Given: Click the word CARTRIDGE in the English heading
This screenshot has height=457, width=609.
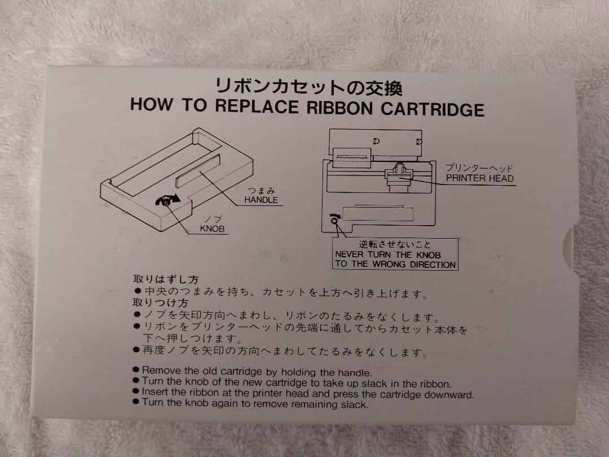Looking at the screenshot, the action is [432, 109].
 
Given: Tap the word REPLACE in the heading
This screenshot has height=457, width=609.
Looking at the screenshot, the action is [257, 106].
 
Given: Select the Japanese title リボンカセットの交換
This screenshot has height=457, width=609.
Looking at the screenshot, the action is [309, 87].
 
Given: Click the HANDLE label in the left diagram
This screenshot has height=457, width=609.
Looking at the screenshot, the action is [261, 200].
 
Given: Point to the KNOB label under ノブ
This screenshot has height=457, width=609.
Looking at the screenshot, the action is [212, 228].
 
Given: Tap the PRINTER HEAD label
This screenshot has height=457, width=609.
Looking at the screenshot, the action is [480, 178].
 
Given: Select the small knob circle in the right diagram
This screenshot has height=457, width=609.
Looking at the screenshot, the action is [334, 221].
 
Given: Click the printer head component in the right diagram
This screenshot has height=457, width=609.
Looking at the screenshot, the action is [399, 177].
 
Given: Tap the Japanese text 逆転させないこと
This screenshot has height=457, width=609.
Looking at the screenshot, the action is [395, 244].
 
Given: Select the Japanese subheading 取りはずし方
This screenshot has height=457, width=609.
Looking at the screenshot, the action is [166, 279].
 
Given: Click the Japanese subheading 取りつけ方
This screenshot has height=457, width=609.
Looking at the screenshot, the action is [160, 303].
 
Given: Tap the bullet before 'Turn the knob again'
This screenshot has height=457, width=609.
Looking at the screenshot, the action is [135, 402].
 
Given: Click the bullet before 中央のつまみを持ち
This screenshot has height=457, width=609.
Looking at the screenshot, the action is [138, 291].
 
